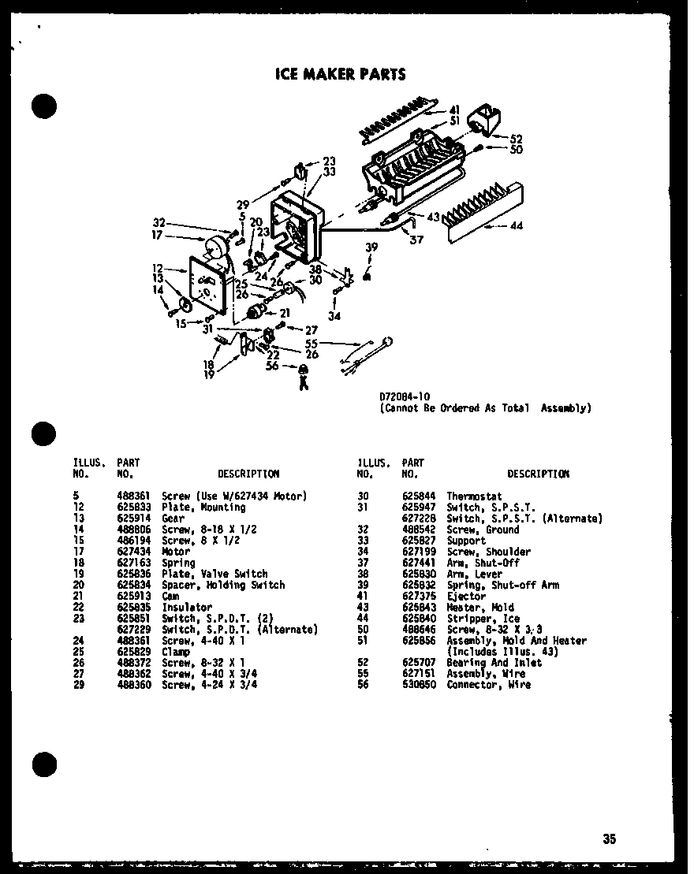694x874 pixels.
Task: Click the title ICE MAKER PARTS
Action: pyautogui.click(x=340, y=75)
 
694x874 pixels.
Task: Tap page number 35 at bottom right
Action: pyautogui.click(x=609, y=839)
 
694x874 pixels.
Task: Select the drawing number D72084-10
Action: pyautogui.click(x=405, y=397)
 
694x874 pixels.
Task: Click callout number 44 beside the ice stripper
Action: pyautogui.click(x=516, y=226)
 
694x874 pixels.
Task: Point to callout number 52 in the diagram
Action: pyautogui.click(x=516, y=139)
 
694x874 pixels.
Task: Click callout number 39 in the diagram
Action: pyautogui.click(x=371, y=247)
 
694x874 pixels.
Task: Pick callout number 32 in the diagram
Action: pyautogui.click(x=159, y=222)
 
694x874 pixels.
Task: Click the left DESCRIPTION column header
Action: pyautogui.click(x=248, y=474)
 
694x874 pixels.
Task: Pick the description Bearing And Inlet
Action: pyautogui.click(x=494, y=663)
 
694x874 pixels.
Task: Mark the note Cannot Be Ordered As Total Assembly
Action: pyautogui.click(x=484, y=408)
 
